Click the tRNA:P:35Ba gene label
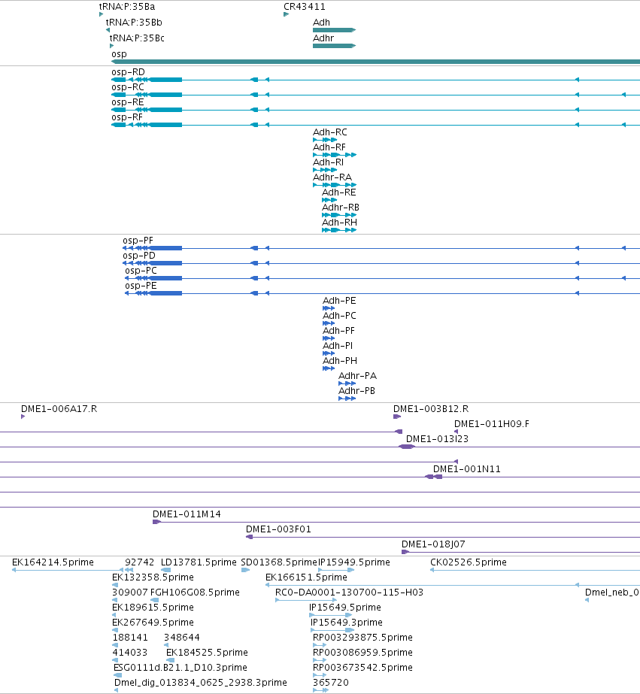coord(127,7)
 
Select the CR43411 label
coord(305,7)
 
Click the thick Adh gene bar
coord(334,30)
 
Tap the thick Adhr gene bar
coord(334,46)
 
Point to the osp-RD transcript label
coord(128,72)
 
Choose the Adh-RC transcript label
coord(330,132)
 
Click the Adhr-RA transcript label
coord(332,177)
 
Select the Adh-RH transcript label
coord(339,223)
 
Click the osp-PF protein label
coord(138,241)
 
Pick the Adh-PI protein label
coord(338,346)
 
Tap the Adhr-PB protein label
coord(356,391)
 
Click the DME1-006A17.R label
coord(59,409)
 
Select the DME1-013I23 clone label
coord(437,439)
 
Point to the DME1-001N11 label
coord(467,469)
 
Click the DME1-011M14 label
coord(187,514)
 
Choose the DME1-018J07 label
coord(433,544)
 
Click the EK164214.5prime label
coord(53,562)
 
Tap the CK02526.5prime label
coord(469,562)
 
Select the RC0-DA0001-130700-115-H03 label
coord(349,592)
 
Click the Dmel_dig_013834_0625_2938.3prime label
coord(201,683)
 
